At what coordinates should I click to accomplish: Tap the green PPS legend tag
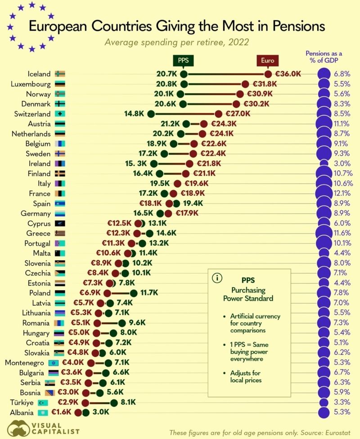pyautogui.click(x=183, y=60)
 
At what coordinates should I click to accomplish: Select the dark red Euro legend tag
pyautogui.click(x=268, y=60)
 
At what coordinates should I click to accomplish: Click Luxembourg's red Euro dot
pyautogui.click(x=245, y=84)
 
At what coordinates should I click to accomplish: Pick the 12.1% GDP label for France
pyautogui.click(x=342, y=194)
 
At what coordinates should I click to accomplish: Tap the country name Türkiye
pyautogui.click(x=21, y=403)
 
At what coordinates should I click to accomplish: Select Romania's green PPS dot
pyautogui.click(x=122, y=323)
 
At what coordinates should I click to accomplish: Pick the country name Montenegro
pyautogui.click(x=25, y=363)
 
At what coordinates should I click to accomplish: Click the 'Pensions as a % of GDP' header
pyautogui.click(x=322, y=56)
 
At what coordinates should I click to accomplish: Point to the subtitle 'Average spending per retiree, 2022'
pyautogui.click(x=177, y=43)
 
